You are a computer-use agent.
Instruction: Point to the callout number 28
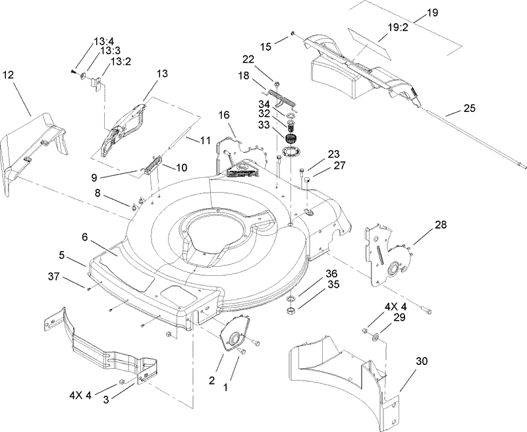(440, 225)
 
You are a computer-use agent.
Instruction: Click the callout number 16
(224, 115)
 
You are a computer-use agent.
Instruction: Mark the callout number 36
(331, 273)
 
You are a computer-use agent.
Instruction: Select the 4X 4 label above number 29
(395, 306)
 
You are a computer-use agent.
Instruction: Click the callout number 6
(85, 236)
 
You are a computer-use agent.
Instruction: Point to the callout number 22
(265, 59)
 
